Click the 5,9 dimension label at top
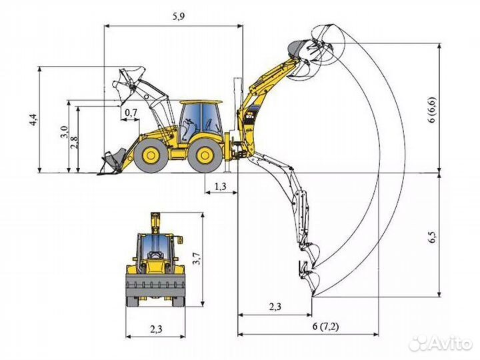click(179, 17)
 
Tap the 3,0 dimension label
click(64, 131)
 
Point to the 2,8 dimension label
click(75, 142)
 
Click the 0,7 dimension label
click(131, 113)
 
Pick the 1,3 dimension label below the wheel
click(221, 186)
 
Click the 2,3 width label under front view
click(156, 329)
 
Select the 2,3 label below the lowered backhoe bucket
click(275, 307)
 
